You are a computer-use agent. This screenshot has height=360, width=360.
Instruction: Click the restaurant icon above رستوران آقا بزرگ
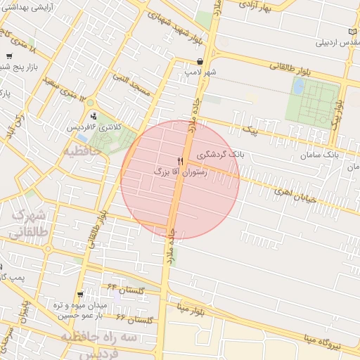180,162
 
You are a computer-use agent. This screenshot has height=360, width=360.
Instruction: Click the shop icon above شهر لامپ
200,62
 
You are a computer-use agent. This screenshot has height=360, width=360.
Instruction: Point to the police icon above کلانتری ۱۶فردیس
93,116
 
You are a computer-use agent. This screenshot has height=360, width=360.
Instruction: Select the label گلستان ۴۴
125,288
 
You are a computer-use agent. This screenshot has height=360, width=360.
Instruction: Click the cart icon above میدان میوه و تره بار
80,295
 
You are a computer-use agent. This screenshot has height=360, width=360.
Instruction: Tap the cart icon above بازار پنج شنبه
8,56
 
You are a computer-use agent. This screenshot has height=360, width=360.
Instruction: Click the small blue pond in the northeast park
299,86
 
